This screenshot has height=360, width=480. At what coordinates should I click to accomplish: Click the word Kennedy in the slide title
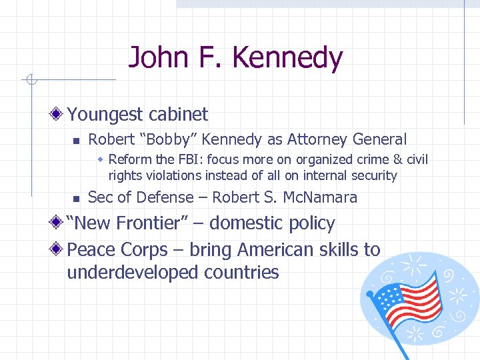[287, 58]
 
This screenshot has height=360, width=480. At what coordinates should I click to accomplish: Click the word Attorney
[317, 139]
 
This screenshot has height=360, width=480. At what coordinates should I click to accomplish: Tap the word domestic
[250, 223]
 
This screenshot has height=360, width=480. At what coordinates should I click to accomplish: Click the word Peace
[92, 250]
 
